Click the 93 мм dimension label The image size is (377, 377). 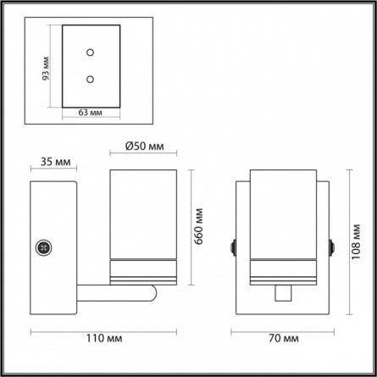46,69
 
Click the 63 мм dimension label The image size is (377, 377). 91,113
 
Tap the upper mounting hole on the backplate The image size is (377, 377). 90,53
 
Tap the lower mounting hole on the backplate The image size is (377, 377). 90,80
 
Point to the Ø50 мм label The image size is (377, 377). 145,147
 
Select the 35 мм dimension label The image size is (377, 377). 55,162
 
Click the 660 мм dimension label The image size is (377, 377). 199,226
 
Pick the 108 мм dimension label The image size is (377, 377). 356,241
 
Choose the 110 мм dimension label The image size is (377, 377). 104,338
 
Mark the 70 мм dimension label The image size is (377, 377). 284,338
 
